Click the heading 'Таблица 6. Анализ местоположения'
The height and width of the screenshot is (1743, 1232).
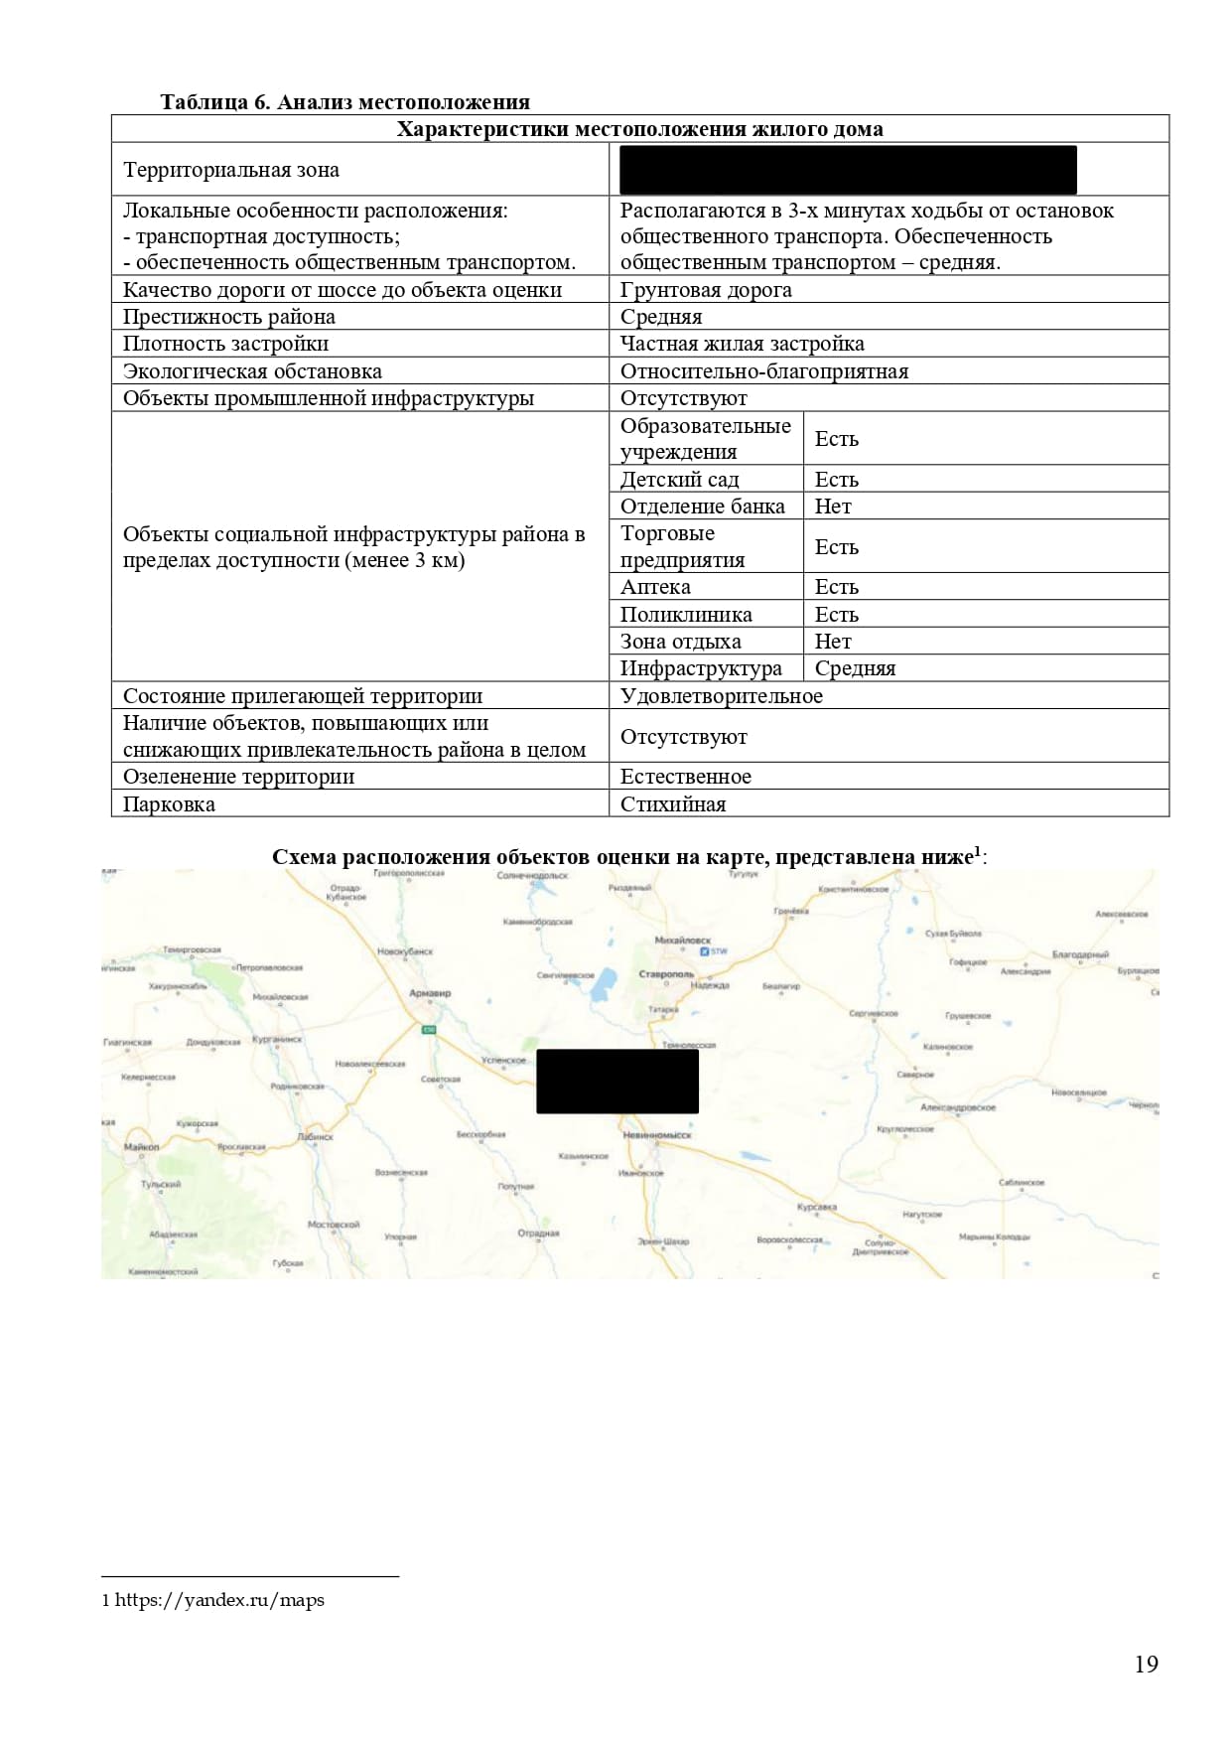point(344,102)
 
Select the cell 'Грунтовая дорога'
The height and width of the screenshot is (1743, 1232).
point(706,290)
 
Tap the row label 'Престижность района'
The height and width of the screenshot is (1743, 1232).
point(229,317)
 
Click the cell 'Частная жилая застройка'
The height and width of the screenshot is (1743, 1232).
point(742,344)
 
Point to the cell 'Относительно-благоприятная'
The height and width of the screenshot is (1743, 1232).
point(763,371)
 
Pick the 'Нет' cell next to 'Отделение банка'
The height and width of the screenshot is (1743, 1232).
point(833,507)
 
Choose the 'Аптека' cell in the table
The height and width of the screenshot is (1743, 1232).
point(655,587)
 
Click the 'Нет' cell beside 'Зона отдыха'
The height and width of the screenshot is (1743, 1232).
point(833,642)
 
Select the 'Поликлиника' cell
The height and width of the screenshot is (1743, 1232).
point(686,615)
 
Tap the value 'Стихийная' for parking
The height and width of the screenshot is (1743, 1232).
point(673,804)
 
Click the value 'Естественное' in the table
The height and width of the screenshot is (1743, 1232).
point(685,777)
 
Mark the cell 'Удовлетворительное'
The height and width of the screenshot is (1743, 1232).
point(721,696)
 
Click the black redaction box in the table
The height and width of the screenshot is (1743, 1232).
point(848,170)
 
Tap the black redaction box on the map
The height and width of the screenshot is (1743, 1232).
point(616,1082)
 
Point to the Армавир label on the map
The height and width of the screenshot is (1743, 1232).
point(430,993)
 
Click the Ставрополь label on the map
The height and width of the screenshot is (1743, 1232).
point(666,974)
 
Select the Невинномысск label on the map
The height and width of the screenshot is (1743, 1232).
point(656,1134)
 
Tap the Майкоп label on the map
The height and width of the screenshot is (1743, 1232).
point(141,1147)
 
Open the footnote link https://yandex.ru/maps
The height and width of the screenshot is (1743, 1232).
point(219,1600)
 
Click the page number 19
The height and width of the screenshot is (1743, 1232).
point(1146,1665)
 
